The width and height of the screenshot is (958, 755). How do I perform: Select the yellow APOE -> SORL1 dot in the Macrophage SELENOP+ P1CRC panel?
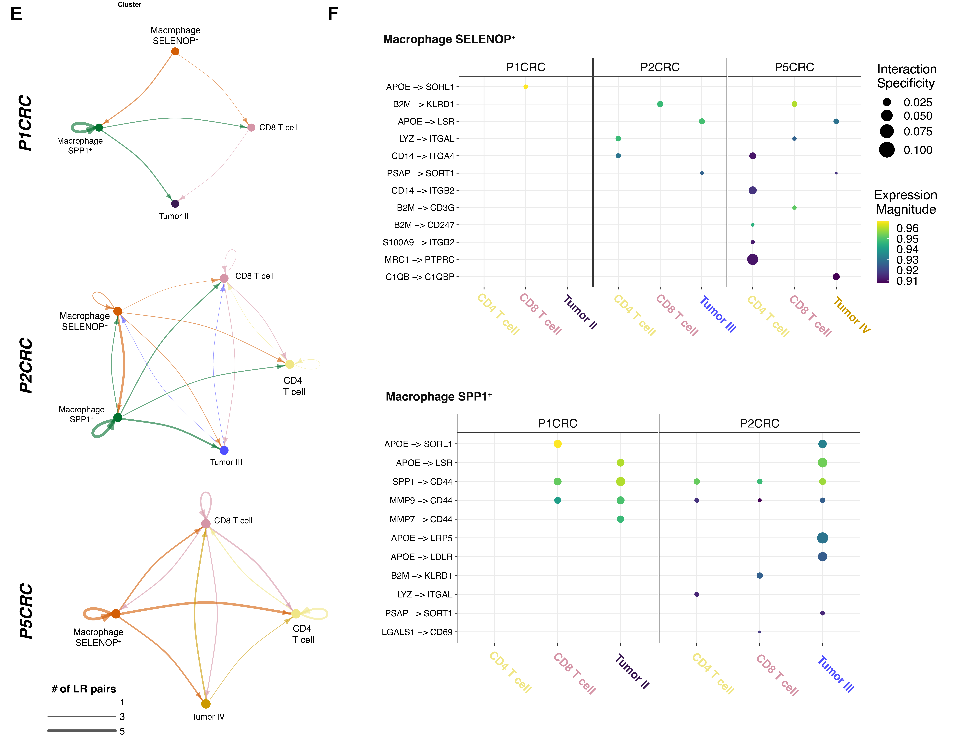525,87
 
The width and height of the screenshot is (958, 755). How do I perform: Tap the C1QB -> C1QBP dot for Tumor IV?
836,277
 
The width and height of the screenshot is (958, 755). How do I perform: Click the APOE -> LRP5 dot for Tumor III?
822,538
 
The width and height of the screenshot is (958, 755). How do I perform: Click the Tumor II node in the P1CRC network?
175,204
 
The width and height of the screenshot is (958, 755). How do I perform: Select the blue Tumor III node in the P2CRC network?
224,450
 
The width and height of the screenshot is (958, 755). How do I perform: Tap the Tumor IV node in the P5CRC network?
206,704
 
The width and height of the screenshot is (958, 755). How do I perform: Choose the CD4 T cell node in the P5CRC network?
296,614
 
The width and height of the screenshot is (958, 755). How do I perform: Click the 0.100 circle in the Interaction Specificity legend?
886,150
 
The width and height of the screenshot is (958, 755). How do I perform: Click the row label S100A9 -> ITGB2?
418,242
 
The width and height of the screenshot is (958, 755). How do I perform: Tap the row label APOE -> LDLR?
421,557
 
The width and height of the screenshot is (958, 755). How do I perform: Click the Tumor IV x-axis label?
851,315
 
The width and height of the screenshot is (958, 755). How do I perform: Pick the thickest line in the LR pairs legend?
82,731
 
